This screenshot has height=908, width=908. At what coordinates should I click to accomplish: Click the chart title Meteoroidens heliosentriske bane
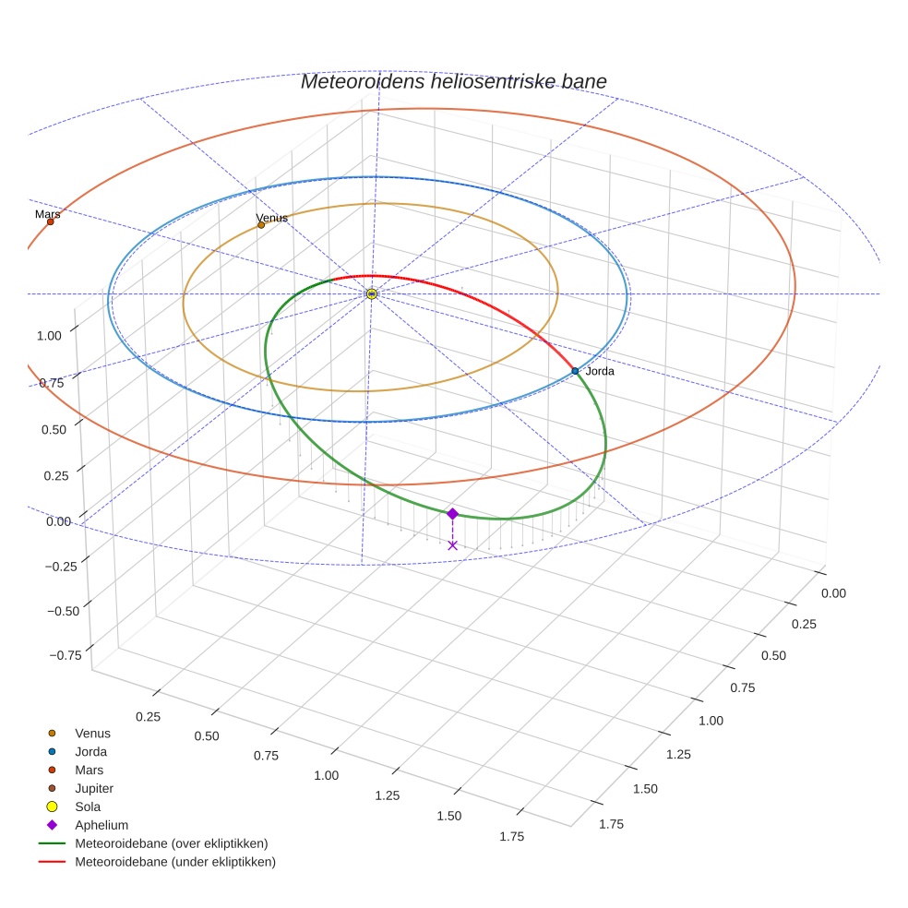coord(453,81)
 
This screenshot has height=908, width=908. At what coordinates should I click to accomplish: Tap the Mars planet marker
coord(50,221)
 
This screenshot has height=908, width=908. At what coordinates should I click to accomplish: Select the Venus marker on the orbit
coord(261,224)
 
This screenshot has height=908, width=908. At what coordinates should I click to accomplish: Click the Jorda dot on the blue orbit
coord(575,371)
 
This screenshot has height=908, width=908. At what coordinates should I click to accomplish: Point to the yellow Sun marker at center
coord(372,293)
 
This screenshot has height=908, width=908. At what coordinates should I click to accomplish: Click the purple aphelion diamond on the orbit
coord(452,514)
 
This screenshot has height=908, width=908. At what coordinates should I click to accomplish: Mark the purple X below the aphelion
coord(452,545)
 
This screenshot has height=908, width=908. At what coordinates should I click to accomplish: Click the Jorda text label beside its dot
coord(600,371)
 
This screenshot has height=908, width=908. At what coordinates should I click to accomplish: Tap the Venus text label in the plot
coord(272,218)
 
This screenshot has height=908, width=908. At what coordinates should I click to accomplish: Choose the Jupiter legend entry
coord(94,789)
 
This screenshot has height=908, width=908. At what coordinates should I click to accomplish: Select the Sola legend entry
coord(88,806)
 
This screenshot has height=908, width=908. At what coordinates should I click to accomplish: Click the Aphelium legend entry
coord(101,825)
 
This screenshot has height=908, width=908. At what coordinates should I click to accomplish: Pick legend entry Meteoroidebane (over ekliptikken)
coord(172,843)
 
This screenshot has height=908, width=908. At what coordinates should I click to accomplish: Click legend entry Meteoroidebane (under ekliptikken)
coord(174,862)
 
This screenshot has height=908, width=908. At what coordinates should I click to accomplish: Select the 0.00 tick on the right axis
coord(833,593)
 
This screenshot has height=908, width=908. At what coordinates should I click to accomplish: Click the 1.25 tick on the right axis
coord(678,754)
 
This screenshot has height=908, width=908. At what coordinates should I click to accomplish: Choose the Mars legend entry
coord(89,771)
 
